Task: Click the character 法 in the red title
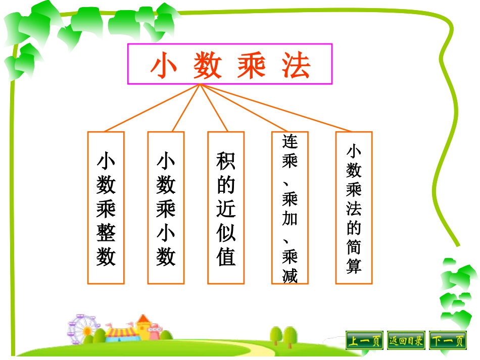[x=297, y=66]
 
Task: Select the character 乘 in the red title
[x=252, y=66]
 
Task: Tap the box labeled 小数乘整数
[x=106, y=208]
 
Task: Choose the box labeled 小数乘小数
[x=166, y=208]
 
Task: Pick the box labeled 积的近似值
[x=226, y=208]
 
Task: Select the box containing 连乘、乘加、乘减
[x=290, y=208]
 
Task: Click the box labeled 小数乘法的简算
[x=354, y=208]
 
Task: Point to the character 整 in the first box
[x=106, y=233]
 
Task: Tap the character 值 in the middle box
[x=226, y=256]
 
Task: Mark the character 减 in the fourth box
[x=290, y=276]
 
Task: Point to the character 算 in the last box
[x=354, y=266]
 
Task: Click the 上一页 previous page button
[x=364, y=341]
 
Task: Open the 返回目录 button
[x=406, y=341]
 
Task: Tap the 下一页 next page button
[x=448, y=341]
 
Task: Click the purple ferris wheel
[x=81, y=328]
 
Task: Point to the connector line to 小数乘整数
[x=152, y=109]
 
